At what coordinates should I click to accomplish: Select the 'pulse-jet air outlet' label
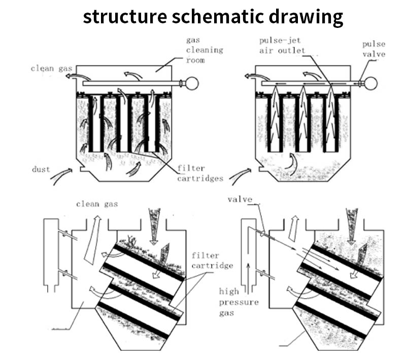point(282,45)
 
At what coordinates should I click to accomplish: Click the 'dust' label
point(40,169)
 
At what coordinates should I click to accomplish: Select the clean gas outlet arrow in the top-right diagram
point(251,77)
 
